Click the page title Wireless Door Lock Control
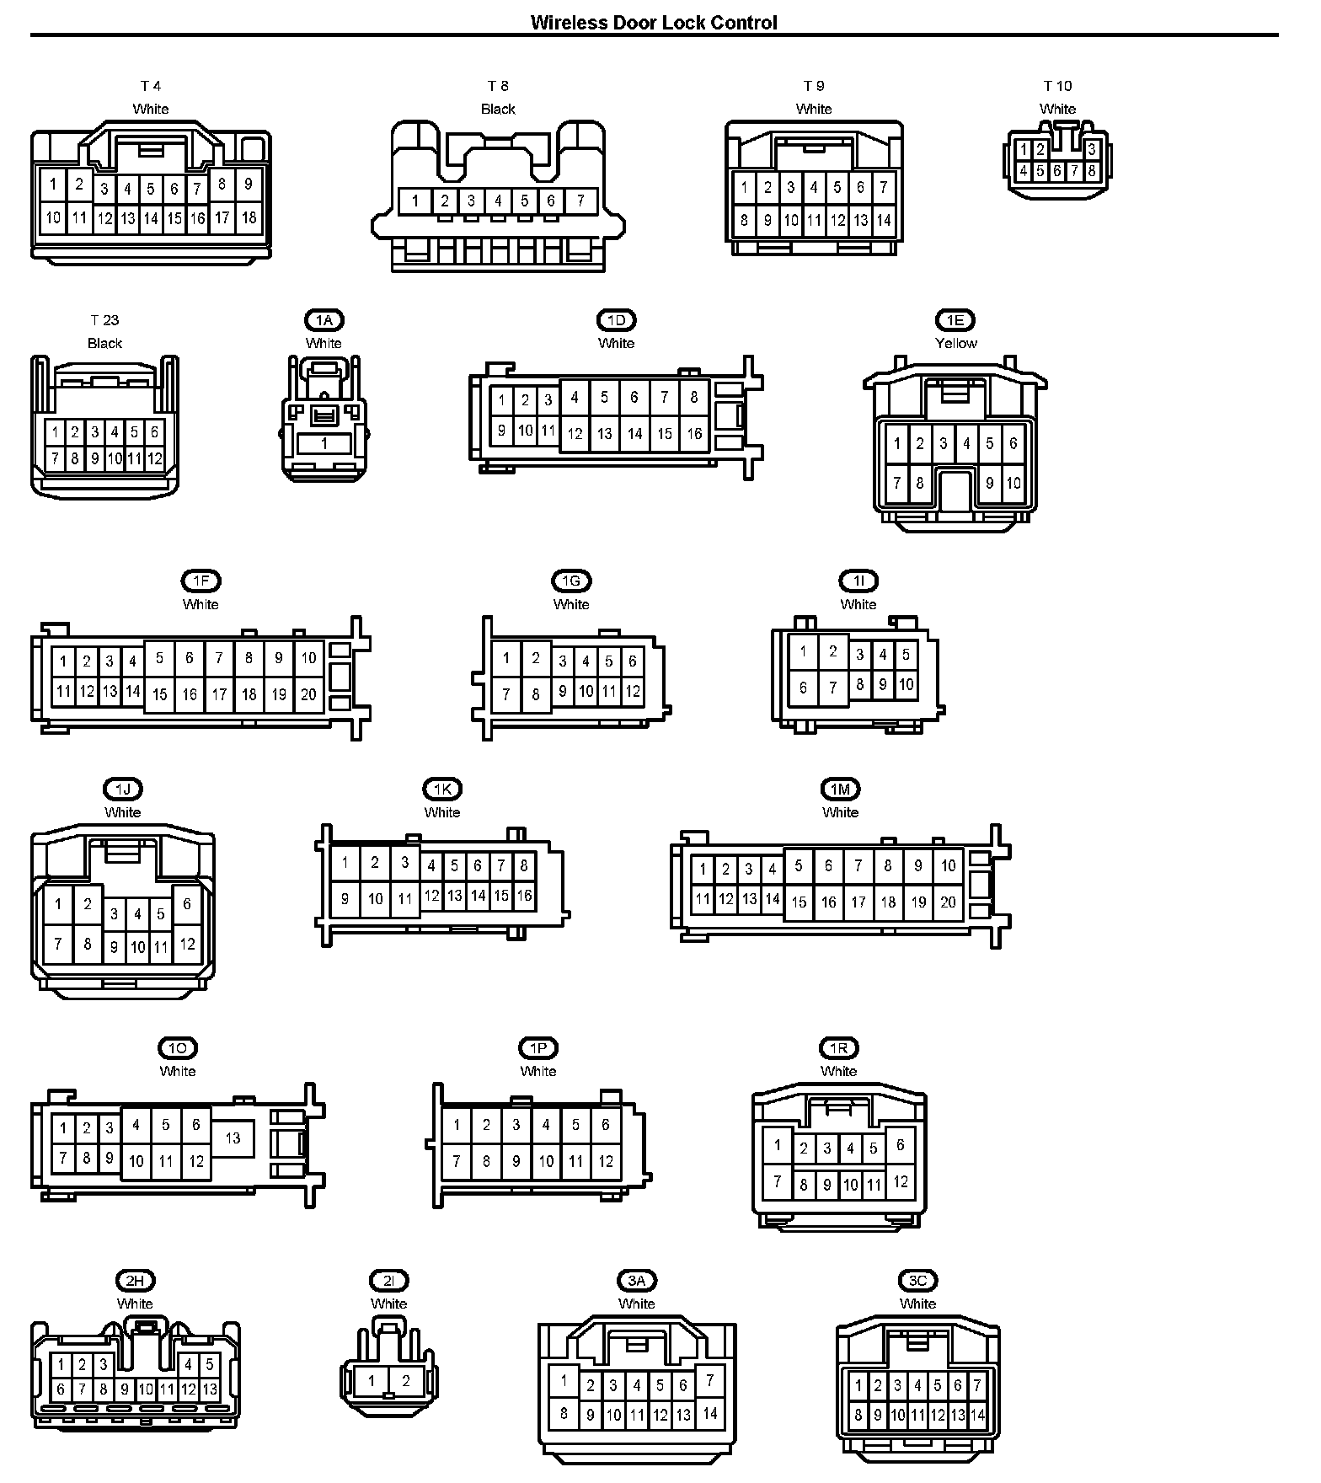point(654,23)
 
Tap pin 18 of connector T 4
point(249,217)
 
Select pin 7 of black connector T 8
point(580,201)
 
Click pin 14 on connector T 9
point(883,221)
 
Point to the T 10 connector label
point(1057,86)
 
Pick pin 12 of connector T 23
point(154,459)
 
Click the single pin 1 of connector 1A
point(324,443)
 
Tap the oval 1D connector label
point(616,320)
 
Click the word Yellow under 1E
point(955,343)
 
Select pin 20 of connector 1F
point(308,694)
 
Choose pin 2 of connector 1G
point(535,657)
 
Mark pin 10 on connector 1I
point(906,684)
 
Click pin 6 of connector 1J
point(186,904)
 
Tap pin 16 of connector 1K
point(524,896)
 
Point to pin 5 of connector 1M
point(798,865)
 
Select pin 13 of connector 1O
point(233,1138)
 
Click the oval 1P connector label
point(537,1048)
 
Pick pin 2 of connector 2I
point(406,1380)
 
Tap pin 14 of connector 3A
point(710,1413)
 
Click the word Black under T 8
point(498,109)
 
